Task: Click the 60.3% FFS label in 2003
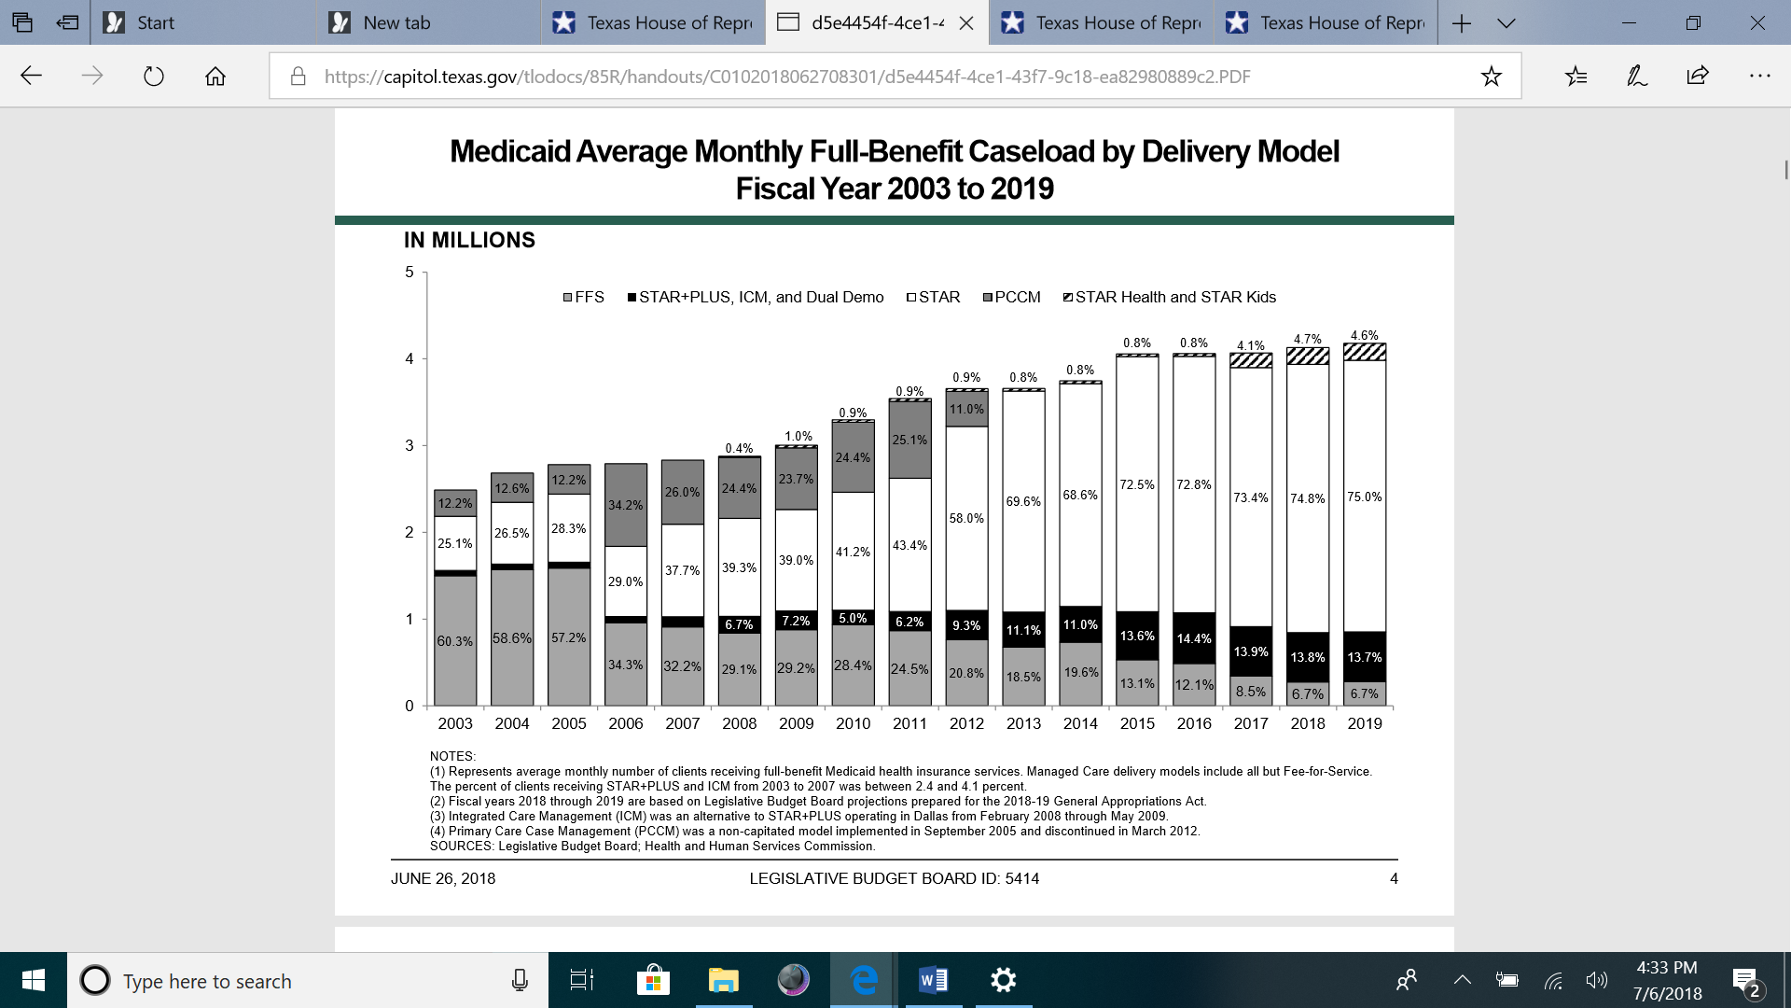(x=455, y=641)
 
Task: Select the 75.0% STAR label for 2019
(x=1365, y=497)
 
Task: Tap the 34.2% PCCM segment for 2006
(x=626, y=505)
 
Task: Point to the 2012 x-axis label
(x=966, y=723)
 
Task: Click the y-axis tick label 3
(x=410, y=445)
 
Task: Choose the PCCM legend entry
(x=1012, y=297)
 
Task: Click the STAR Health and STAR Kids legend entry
(x=1170, y=297)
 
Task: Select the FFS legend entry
(x=584, y=297)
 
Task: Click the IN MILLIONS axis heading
(x=469, y=240)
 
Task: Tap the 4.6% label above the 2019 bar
(x=1365, y=335)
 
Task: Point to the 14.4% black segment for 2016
(x=1194, y=638)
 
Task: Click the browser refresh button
(x=154, y=77)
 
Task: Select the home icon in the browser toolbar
(x=215, y=77)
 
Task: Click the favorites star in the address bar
(x=1491, y=77)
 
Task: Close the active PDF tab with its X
(x=966, y=22)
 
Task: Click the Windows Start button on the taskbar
(x=34, y=980)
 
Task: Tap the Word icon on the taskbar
(x=933, y=980)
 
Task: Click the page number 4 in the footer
(x=1394, y=878)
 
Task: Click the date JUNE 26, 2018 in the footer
(x=443, y=878)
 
